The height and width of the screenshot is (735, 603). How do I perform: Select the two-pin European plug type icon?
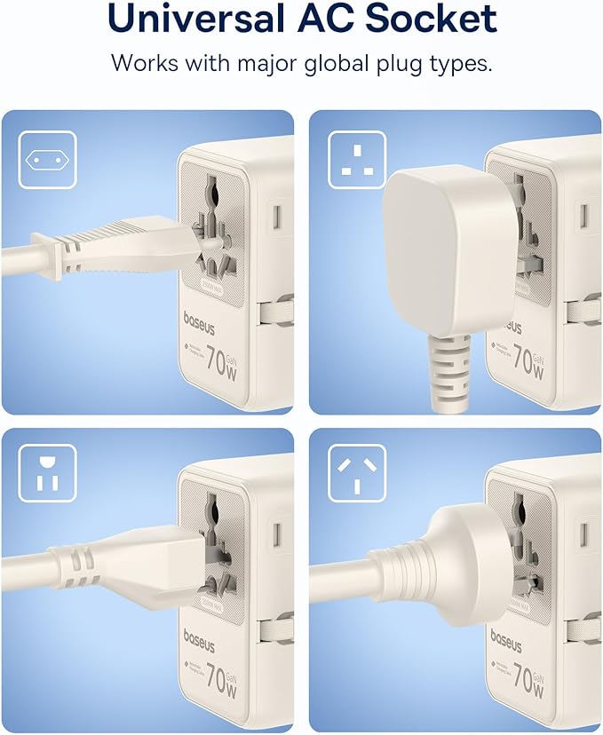[x=47, y=159]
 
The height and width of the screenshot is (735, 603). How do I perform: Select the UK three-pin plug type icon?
[x=356, y=159]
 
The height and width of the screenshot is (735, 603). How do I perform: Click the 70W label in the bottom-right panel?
[x=528, y=677]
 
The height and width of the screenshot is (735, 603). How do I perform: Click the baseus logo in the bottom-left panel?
[x=200, y=637]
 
